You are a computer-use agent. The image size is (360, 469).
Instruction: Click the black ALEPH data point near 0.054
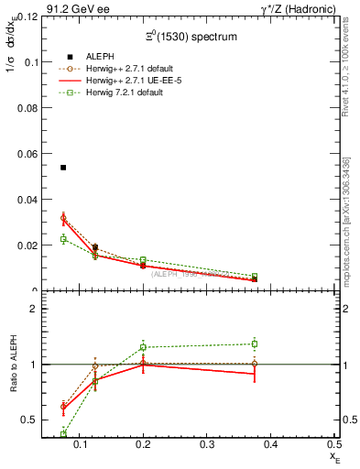(63, 168)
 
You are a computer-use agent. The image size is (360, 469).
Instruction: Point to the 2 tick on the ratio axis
(32, 309)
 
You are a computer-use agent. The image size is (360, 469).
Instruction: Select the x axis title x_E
(335, 456)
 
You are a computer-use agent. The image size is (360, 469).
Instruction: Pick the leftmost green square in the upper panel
(63, 239)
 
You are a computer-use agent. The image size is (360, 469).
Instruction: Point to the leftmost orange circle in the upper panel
(63, 218)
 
